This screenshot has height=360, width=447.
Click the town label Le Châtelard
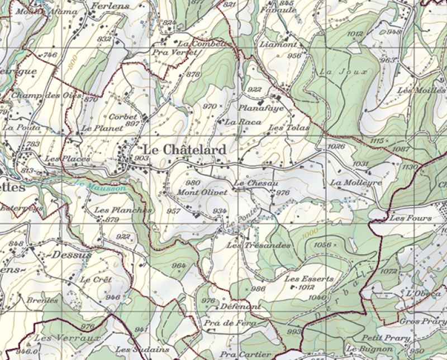click(x=184, y=150)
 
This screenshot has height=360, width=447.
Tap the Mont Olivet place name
click(x=202, y=192)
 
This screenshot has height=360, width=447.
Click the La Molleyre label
click(x=356, y=183)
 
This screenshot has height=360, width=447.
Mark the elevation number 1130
click(x=410, y=167)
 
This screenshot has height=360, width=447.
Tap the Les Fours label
click(x=411, y=218)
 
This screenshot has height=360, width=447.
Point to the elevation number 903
click(x=141, y=159)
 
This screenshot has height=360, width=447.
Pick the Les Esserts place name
click(x=309, y=279)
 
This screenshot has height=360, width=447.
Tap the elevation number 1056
click(x=323, y=244)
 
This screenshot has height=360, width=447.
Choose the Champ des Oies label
click(x=47, y=95)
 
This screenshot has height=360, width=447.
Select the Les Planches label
click(x=123, y=210)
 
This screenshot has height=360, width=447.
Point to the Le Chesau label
click(x=256, y=183)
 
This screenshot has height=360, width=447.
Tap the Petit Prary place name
click(x=386, y=338)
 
